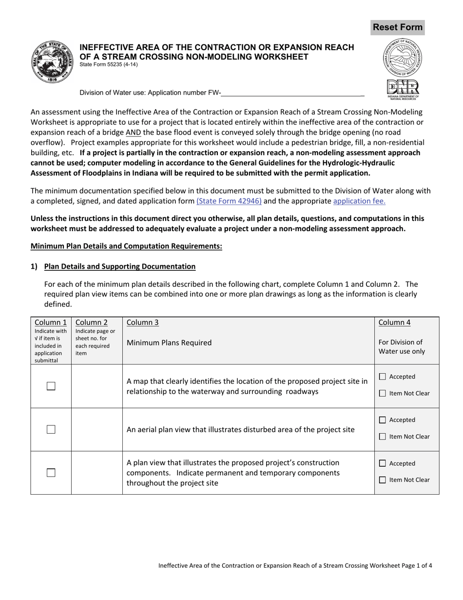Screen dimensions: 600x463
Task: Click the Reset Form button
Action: [x=397, y=27]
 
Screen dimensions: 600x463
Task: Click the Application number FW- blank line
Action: [x=292, y=92]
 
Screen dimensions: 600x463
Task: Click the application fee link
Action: [x=359, y=200]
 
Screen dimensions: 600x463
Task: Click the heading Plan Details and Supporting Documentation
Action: [x=120, y=266]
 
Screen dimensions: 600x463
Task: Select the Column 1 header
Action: [x=51, y=322]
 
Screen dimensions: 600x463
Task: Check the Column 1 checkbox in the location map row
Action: [x=51, y=386]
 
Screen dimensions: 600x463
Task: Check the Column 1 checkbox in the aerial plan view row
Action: [x=51, y=429]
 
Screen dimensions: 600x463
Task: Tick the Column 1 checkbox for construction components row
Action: [x=51, y=472]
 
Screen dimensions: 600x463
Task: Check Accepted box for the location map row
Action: [x=383, y=377]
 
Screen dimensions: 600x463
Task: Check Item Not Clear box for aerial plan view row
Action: [x=383, y=437]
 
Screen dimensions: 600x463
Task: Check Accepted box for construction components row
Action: [x=383, y=463]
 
